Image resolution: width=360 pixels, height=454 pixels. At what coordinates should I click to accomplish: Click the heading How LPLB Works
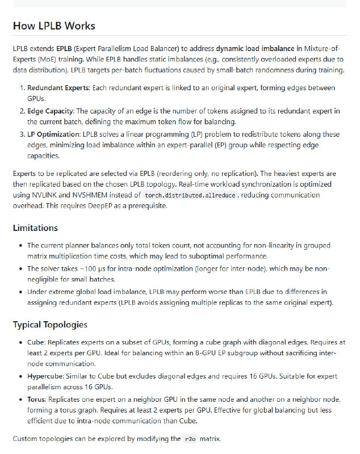point(54,26)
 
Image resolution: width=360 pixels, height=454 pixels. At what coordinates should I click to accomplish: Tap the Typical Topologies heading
point(50,325)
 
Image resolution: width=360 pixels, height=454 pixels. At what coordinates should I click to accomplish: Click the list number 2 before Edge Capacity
point(22,111)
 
